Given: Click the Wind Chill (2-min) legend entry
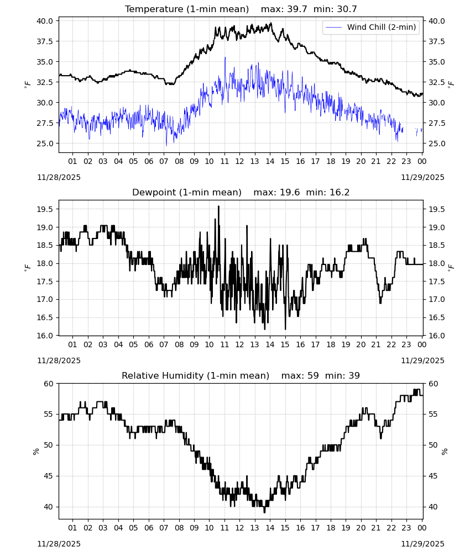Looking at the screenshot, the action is [371, 27].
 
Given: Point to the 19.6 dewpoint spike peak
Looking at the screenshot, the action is [218, 206].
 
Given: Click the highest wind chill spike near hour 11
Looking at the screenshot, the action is [225, 57].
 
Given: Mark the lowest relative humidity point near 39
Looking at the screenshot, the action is [264, 512].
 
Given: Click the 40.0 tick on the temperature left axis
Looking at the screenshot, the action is [45, 21].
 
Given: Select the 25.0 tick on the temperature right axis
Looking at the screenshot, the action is [436, 144].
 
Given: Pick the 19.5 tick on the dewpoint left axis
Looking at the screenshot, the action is [45, 209].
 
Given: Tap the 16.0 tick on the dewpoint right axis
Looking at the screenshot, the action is [436, 336].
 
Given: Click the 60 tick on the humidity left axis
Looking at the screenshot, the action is [49, 384].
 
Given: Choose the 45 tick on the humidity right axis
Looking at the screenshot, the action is [432, 476].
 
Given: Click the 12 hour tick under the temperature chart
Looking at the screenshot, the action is [239, 161].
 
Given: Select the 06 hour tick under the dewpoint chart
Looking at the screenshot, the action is [148, 344].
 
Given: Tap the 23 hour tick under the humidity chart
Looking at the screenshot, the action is [406, 528].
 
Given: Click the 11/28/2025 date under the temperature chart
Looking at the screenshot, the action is [59, 177].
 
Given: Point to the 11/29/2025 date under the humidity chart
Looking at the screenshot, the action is [422, 544].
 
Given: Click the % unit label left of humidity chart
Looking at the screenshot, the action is [36, 452].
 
